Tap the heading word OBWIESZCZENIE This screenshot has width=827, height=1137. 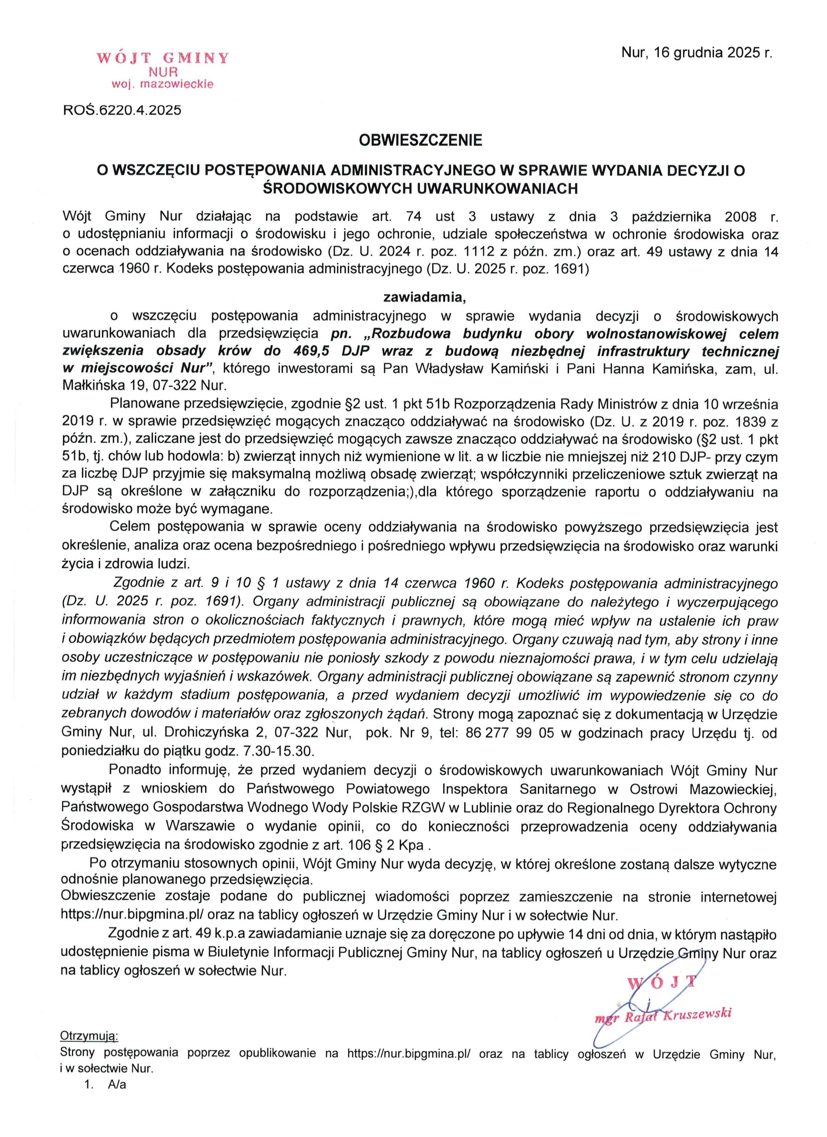point(420,140)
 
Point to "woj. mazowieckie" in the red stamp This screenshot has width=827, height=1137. point(162,84)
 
